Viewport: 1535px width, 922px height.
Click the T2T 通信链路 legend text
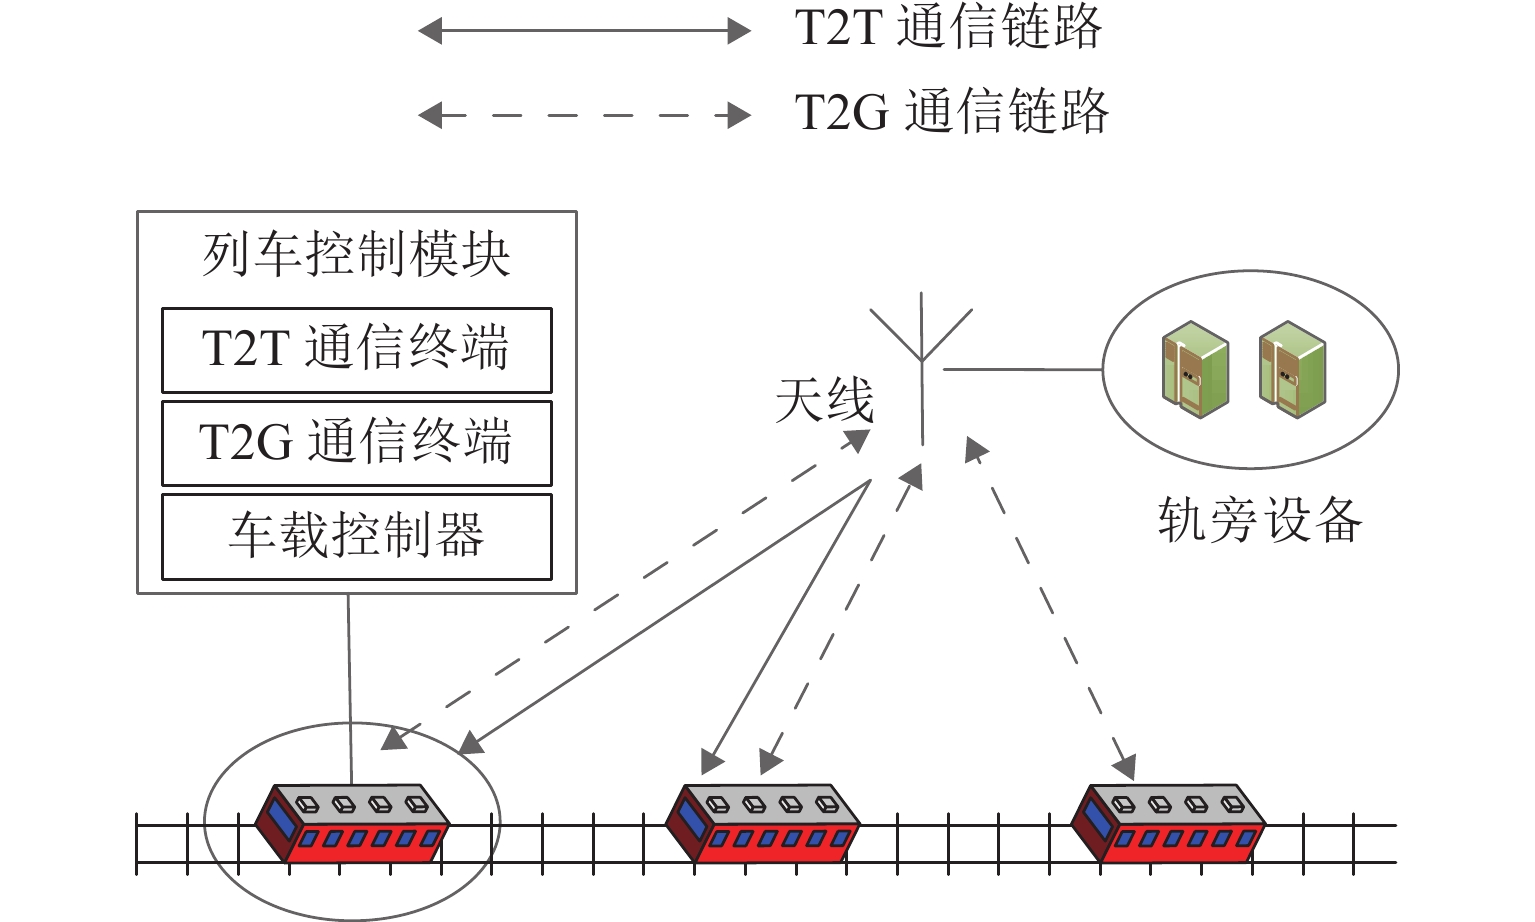click(947, 28)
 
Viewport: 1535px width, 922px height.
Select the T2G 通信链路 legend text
click(951, 112)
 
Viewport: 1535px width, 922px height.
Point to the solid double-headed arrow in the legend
click(584, 31)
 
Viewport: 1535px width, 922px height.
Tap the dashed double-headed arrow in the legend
click(584, 115)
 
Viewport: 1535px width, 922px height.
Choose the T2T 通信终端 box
click(356, 349)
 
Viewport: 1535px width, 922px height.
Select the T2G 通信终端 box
click(356, 443)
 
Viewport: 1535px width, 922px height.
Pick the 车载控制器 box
click(356, 536)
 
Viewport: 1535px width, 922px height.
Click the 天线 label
click(824, 401)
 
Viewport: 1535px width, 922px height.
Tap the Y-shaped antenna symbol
click(921, 335)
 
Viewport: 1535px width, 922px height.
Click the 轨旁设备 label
click(1259, 521)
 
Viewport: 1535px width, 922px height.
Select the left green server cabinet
click(1195, 369)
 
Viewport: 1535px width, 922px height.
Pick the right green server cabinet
click(1292, 369)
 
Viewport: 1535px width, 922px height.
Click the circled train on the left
click(352, 823)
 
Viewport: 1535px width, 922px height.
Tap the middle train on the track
click(763, 823)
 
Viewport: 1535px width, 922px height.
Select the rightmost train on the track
click(1168, 823)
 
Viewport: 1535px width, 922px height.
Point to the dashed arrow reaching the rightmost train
click(1052, 610)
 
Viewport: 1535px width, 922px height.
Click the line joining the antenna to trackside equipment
click(1022, 369)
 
